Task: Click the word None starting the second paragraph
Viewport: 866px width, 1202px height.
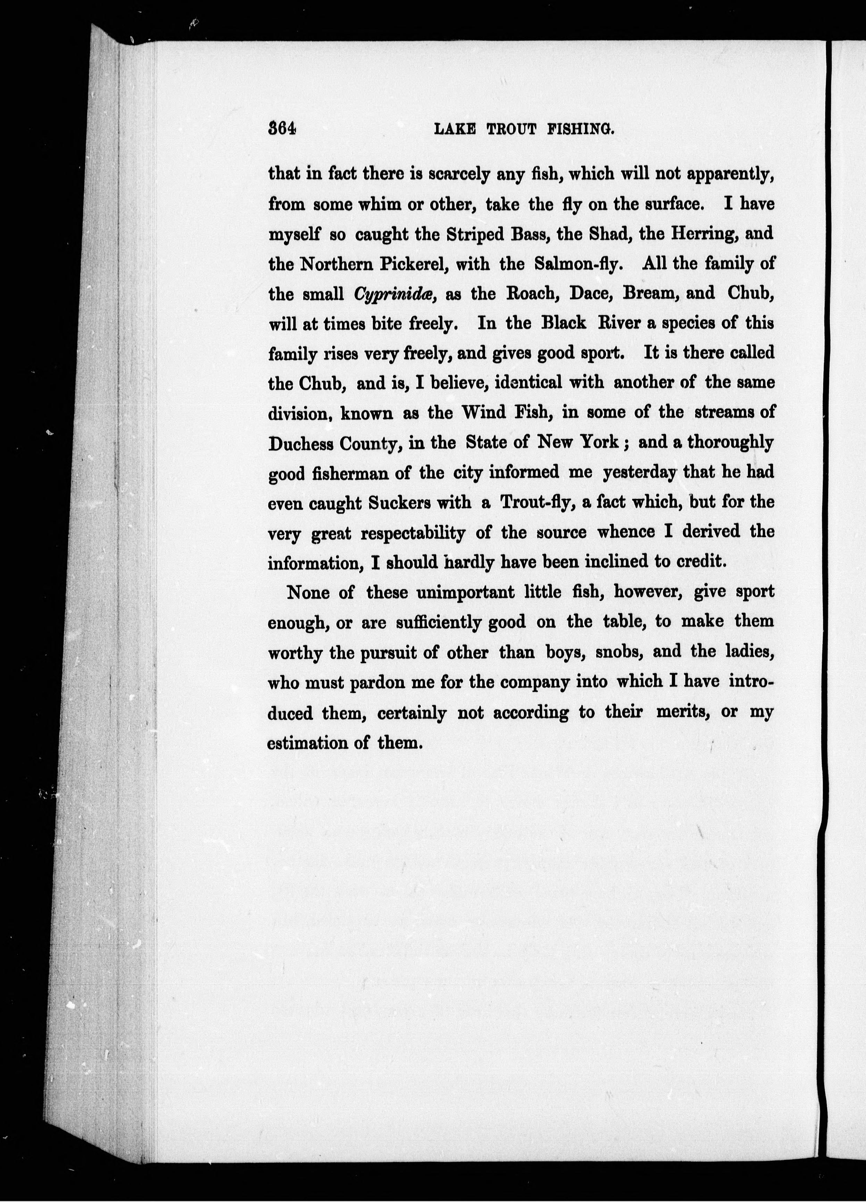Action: click(x=308, y=592)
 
